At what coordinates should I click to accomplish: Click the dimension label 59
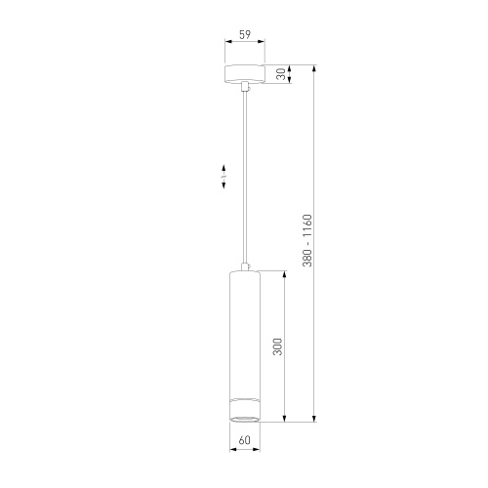pyautogui.click(x=245, y=34)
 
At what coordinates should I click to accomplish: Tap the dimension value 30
pyautogui.click(x=281, y=74)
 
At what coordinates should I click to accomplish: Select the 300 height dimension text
pyautogui.click(x=277, y=346)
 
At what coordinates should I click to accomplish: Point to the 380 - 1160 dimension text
pyautogui.click(x=307, y=240)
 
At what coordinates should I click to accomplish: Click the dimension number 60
pyautogui.click(x=245, y=440)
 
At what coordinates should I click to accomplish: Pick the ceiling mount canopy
pyautogui.click(x=245, y=74)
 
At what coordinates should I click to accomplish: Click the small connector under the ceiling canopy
pyautogui.click(x=245, y=87)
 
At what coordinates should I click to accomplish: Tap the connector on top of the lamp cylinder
pyautogui.click(x=245, y=266)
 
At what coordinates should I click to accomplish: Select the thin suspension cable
pyautogui.click(x=245, y=177)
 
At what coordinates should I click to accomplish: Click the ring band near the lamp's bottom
pyautogui.click(x=245, y=400)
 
